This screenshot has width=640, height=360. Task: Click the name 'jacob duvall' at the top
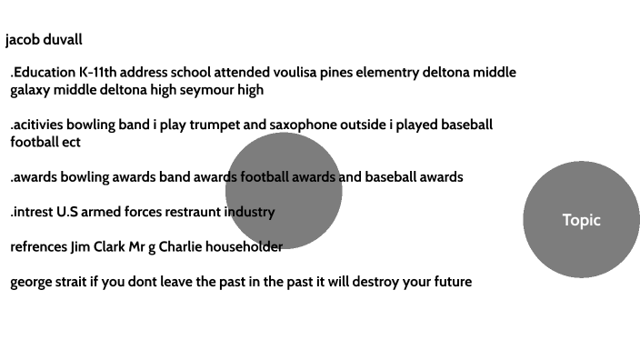[44, 40]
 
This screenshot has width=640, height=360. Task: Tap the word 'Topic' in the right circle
[581, 220]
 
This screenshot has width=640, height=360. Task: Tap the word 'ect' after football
[70, 142]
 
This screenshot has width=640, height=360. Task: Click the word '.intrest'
[32, 212]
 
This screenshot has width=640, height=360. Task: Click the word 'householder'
[244, 246]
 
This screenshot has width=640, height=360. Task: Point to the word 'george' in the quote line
[34, 282]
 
